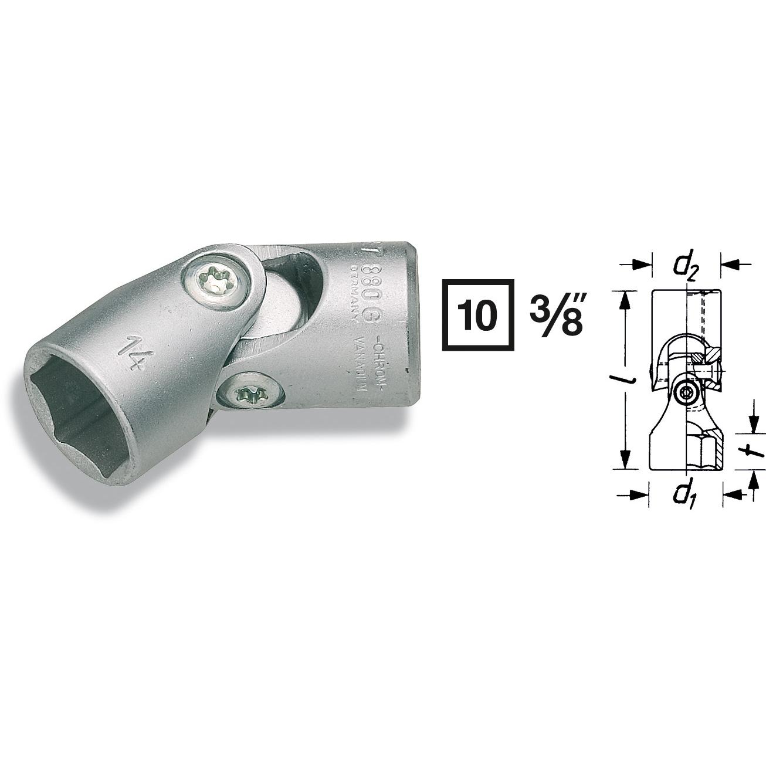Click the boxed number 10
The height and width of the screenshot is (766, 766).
[477, 315]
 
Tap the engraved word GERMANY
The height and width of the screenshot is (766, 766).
[354, 293]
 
